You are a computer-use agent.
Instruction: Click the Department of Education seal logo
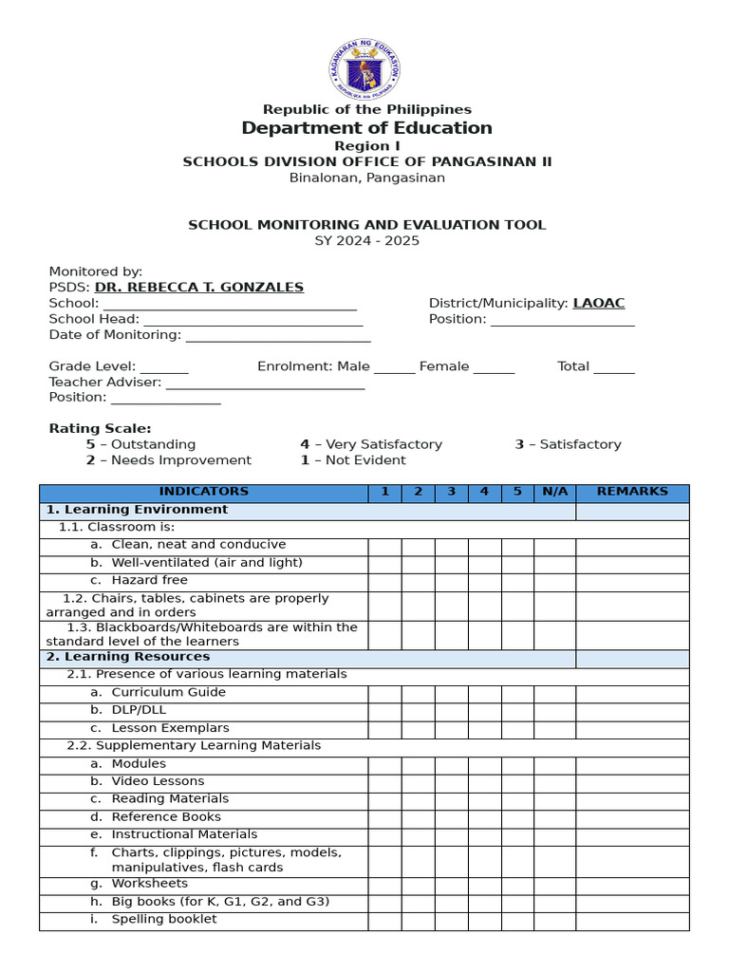coord(365,69)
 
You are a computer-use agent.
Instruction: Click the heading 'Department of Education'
coord(366,128)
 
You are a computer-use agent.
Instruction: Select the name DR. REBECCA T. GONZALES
coord(199,287)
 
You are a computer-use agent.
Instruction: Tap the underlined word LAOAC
coord(599,303)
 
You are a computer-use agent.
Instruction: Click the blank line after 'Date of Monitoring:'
coord(278,335)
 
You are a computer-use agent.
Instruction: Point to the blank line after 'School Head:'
coord(252,320)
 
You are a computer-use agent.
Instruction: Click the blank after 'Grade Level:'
coord(165,366)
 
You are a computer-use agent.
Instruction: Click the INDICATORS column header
coord(203,492)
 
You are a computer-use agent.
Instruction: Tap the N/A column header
coord(554,492)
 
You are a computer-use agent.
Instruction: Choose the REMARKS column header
coord(632,492)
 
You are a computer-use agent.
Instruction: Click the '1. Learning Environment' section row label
coord(138,510)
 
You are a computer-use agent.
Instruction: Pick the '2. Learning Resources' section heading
coord(128,657)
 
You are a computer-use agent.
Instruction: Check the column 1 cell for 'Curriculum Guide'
coord(384,694)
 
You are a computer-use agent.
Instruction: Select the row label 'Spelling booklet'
coord(163,919)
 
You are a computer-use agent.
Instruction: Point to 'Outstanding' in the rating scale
coord(153,444)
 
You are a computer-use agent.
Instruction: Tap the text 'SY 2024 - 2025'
coord(366,240)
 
